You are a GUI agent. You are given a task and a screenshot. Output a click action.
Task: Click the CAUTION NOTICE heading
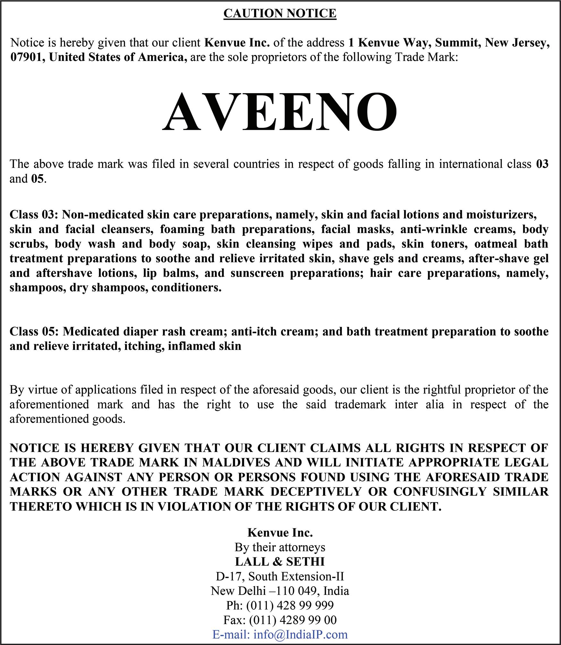coord(280,13)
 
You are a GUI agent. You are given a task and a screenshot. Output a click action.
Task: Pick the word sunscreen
coord(257,273)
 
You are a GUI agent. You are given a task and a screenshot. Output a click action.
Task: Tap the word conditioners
coord(186,288)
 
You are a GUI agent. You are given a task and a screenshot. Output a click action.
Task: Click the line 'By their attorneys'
coord(280,547)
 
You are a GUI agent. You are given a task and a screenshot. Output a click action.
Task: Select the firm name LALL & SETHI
coord(280,562)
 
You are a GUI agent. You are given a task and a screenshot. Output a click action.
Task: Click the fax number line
coord(280,620)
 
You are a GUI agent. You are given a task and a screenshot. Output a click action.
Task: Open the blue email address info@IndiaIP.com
coord(300,634)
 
